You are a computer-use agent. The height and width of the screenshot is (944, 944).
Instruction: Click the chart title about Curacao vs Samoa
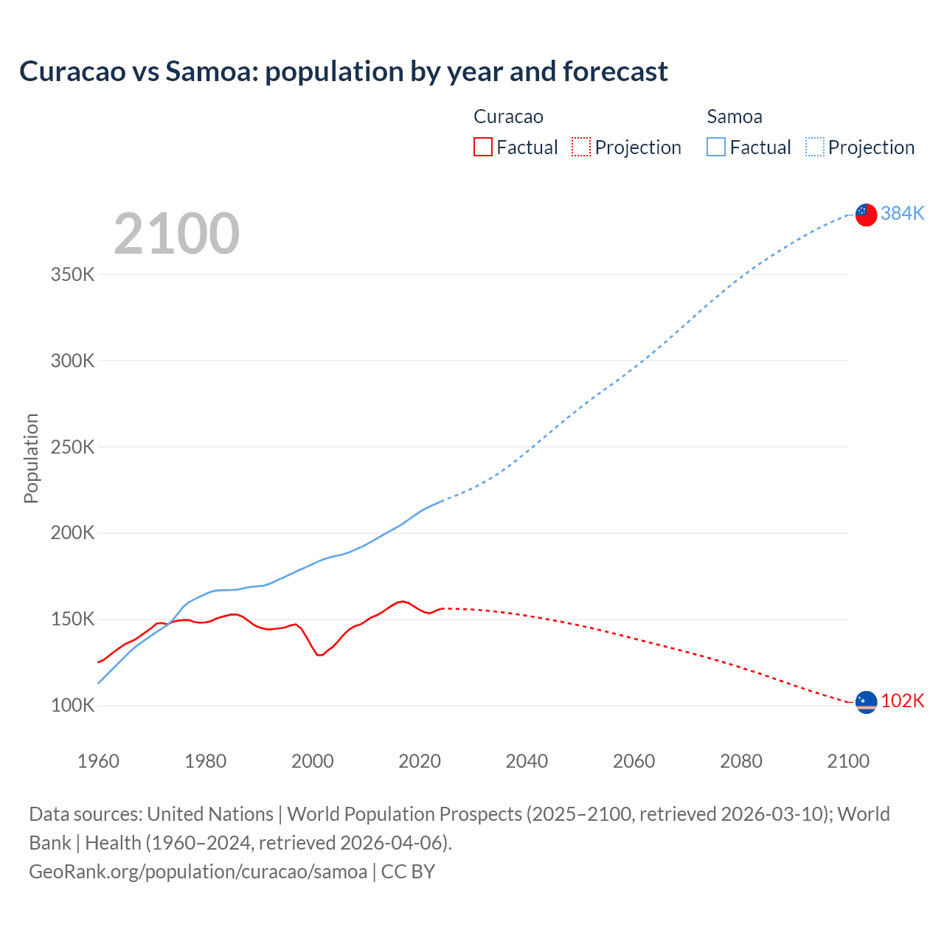pos(344,72)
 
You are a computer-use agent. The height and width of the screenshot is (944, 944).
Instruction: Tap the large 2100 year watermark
pos(176,234)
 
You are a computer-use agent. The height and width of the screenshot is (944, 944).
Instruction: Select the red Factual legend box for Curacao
pos(483,147)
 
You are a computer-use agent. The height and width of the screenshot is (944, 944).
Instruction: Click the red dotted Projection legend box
pos(581,147)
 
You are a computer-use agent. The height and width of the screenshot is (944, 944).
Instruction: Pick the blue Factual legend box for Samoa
pos(716,147)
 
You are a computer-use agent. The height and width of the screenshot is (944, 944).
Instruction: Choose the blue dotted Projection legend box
pos(814,147)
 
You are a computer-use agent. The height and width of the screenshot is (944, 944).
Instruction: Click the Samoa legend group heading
pos(735,117)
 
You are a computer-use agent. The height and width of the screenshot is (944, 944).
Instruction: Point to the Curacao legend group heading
pos(508,117)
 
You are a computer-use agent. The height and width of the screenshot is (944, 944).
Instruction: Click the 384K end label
pos(903,213)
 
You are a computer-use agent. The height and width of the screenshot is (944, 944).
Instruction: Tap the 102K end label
pos(903,701)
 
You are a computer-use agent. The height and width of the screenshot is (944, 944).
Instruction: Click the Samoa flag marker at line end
pos(866,215)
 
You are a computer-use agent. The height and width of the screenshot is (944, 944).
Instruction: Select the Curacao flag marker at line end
pos(866,702)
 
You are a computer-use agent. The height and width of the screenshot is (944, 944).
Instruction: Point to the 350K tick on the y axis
pos(73,275)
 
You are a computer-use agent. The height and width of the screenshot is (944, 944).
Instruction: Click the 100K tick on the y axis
pos(73,706)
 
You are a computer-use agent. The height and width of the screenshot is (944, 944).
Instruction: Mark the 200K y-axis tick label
pos(73,533)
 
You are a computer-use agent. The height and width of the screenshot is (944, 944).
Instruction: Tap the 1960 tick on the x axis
pos(98,761)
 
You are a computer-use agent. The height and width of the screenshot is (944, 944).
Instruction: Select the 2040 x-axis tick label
pos(527,761)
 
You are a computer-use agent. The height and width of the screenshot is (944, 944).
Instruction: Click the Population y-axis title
pos(31,458)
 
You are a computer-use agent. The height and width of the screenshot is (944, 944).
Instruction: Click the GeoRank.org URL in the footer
pos(198,872)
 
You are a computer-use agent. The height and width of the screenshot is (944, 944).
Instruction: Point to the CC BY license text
pos(408,872)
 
